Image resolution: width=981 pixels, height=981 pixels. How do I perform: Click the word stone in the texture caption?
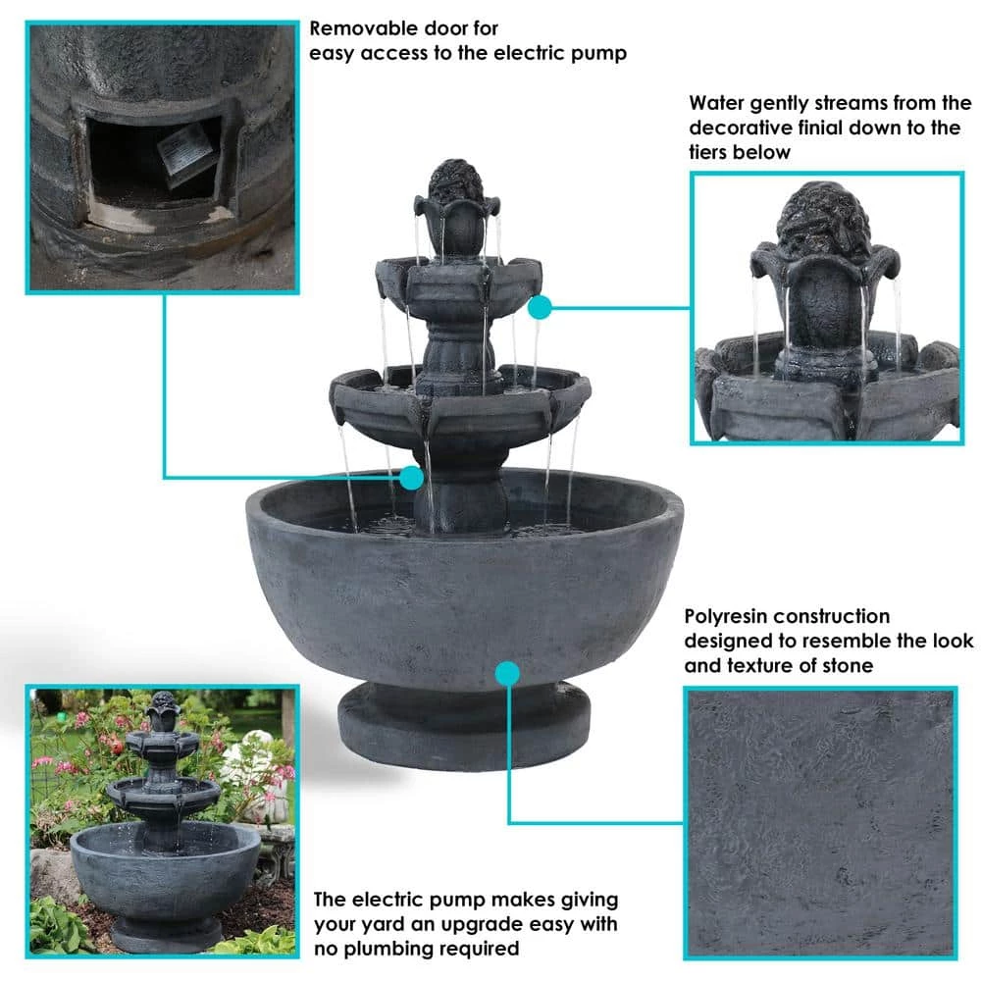[x=848, y=665]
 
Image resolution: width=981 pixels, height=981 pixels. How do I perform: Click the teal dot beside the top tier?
[x=540, y=307]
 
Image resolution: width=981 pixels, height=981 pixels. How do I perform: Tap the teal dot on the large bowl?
[x=507, y=673]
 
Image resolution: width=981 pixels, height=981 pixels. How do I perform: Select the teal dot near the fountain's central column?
[x=411, y=478]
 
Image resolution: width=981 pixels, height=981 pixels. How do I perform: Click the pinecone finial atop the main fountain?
[x=456, y=181]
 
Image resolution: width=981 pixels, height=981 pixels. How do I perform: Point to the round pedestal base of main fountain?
[x=464, y=726]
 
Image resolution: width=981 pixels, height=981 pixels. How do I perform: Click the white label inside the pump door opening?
[x=184, y=151]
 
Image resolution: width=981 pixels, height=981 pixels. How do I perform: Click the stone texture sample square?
[x=820, y=823]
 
